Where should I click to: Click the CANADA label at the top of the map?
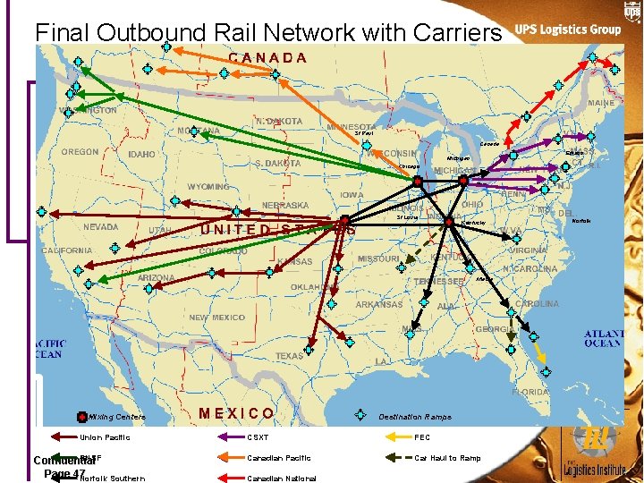click(x=267, y=58)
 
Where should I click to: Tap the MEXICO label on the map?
click(x=237, y=413)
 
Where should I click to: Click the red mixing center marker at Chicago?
click(x=418, y=182)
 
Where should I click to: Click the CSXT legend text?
click(x=258, y=437)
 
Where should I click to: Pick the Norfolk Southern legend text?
click(x=113, y=479)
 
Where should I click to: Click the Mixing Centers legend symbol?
click(x=81, y=417)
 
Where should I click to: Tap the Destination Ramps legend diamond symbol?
click(x=360, y=415)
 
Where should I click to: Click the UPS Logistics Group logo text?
click(x=568, y=30)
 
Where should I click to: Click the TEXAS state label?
click(x=290, y=356)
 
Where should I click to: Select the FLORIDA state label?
click(x=530, y=392)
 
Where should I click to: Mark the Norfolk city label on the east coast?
click(x=581, y=220)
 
